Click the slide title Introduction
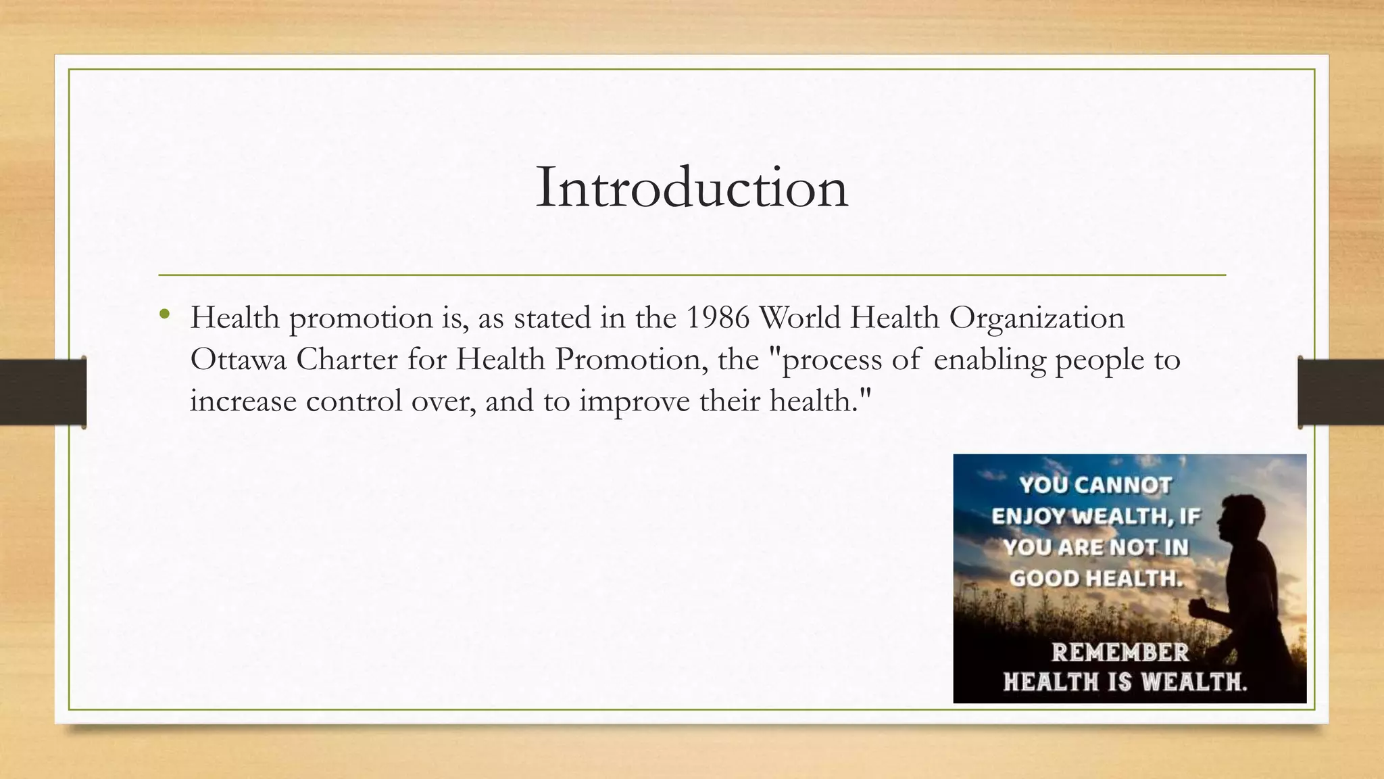tap(691, 188)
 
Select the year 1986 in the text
tap(718, 318)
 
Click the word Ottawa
tap(238, 359)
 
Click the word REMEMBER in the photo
tap(1120, 653)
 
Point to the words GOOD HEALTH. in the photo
tap(1096, 579)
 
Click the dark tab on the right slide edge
tap(1341, 392)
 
